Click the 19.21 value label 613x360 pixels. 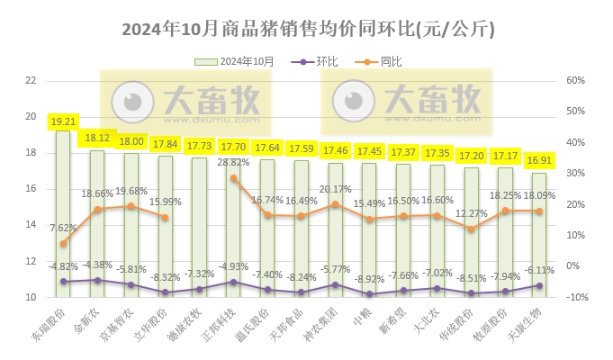(x=63, y=121)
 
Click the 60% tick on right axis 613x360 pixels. (x=573, y=80)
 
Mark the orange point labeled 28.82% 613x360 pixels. (x=234, y=178)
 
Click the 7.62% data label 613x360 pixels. (x=63, y=229)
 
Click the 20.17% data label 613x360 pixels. (x=336, y=189)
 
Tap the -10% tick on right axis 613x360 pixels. (x=572, y=297)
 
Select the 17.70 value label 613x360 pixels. (x=234, y=147)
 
